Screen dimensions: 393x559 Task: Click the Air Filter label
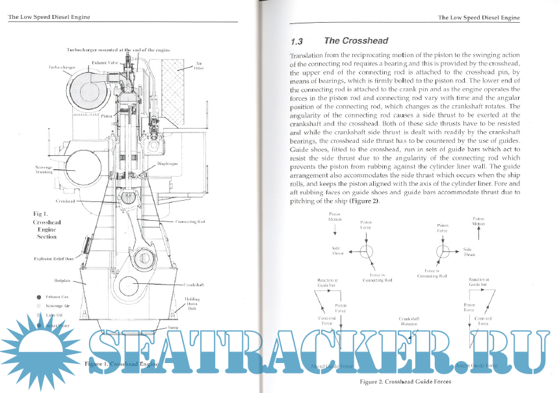(198, 66)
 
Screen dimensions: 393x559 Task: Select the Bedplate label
(62, 280)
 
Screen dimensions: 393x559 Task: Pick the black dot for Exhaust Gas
(40, 296)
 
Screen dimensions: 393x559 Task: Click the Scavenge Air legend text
(63, 305)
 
